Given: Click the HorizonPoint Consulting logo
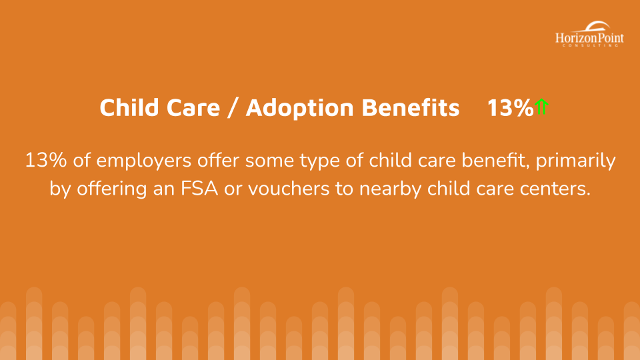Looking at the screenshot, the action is point(589,34).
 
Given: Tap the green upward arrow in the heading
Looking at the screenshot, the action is point(541,107).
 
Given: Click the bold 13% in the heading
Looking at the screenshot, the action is point(510,108).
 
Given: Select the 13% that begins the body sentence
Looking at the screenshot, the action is point(46,160).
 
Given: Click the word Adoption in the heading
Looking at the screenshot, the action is point(299,108).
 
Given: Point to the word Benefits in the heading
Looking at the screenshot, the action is point(411,108).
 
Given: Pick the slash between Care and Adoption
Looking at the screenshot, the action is point(233,108).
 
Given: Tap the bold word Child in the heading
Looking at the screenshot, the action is point(129,108).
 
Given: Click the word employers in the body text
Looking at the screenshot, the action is point(144,161).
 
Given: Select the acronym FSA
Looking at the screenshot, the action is point(199,189).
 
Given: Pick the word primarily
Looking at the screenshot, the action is point(575,161).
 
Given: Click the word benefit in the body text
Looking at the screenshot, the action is point(495,160).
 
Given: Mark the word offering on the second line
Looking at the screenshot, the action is point(112,189).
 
